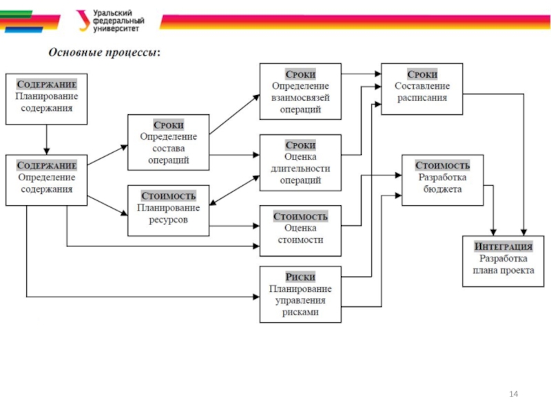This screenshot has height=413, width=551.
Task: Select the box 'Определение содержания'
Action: pyautogui.click(x=47, y=179)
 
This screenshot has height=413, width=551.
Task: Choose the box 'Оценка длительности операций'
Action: pyautogui.click(x=300, y=163)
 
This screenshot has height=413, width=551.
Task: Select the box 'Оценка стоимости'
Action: pyautogui.click(x=300, y=228)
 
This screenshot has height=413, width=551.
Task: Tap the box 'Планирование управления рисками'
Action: pyautogui.click(x=300, y=294)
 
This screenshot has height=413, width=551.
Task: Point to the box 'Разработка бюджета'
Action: pyautogui.click(x=442, y=178)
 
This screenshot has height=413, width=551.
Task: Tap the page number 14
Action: pyautogui.click(x=512, y=393)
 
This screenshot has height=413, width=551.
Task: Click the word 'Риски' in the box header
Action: pyautogui.click(x=300, y=277)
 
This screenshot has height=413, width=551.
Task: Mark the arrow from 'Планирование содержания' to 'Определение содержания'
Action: pyautogui.click(x=47, y=140)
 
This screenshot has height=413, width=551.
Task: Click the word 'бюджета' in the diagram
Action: pyautogui.click(x=443, y=189)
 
